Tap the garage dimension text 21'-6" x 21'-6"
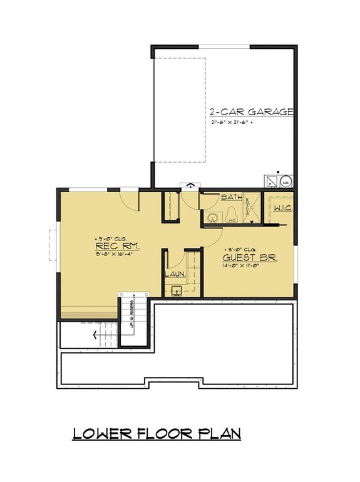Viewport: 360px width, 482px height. click(233, 123)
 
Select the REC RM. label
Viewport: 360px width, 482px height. click(118, 247)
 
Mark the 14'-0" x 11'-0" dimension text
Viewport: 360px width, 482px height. click(249, 265)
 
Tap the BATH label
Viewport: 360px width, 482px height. click(231, 197)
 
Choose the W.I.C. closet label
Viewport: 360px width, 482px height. click(282, 208)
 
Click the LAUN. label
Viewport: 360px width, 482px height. click(174, 275)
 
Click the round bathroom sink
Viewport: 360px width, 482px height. click(213, 217)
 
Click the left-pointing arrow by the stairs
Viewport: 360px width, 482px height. click(96, 335)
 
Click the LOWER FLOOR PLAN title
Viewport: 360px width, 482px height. click(157, 433)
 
